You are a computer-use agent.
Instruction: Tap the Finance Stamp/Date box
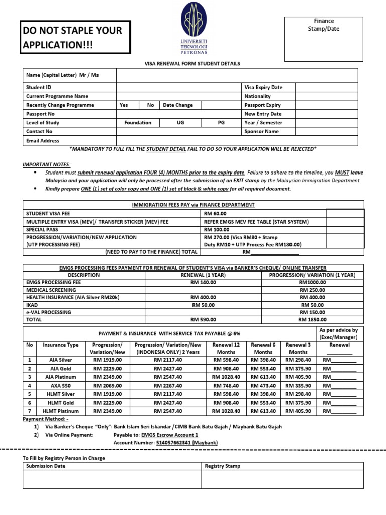point(323,38)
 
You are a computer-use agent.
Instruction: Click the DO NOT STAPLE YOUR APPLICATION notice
point(75,38)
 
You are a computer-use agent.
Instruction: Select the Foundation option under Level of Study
point(138,123)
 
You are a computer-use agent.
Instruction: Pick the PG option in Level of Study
point(221,123)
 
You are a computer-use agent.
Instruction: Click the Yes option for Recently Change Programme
point(124,105)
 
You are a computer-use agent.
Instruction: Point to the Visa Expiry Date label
point(263,87)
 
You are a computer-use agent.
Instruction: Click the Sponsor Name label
point(261,132)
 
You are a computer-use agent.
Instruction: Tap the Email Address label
point(43,141)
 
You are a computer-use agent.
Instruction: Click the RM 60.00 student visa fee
point(215,214)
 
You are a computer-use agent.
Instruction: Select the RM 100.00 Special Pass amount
point(217,229)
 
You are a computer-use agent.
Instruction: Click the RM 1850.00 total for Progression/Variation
point(312,319)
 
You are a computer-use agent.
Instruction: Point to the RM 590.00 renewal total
point(203,319)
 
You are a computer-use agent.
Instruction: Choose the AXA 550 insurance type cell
point(60,386)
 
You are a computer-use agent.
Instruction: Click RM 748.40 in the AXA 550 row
point(226,386)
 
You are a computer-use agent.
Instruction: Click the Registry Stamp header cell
point(223,466)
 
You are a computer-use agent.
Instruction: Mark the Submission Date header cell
point(46,466)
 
